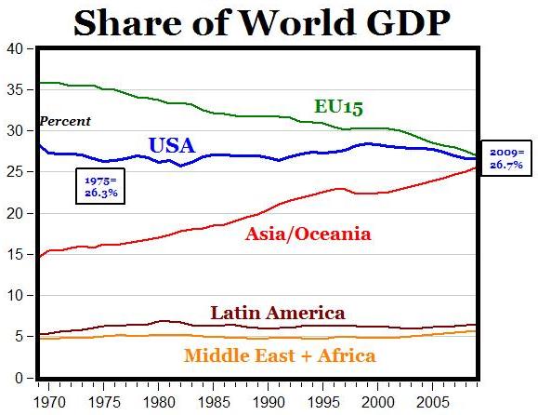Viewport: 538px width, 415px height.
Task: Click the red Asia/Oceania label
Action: [308, 234]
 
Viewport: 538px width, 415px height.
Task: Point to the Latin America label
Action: [277, 313]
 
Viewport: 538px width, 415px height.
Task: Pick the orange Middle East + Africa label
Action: [280, 355]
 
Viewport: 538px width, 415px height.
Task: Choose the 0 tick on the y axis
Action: [17, 379]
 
